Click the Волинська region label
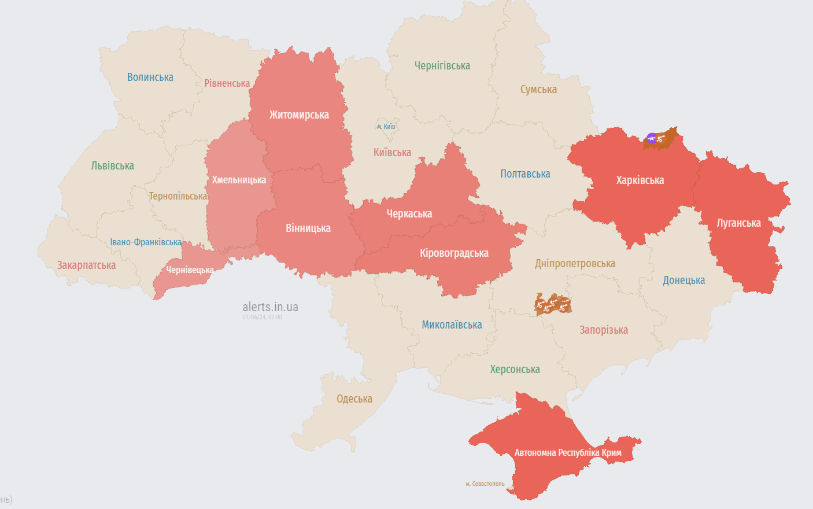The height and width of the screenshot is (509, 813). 150,78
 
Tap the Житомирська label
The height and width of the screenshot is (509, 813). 299,115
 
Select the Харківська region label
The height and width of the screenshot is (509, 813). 640,180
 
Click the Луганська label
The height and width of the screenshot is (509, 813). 738,223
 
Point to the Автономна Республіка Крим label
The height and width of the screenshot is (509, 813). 568,453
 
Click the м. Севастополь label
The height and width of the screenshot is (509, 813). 485,484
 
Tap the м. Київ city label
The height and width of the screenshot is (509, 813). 386,127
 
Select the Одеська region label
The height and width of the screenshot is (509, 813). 354,399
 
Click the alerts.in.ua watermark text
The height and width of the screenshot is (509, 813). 270,307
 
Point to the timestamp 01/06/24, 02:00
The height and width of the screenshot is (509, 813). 262,318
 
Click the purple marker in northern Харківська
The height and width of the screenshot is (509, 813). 652,138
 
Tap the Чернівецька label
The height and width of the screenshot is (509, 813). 190,270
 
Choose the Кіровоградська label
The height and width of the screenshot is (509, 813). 454,253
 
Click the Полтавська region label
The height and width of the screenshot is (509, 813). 525,174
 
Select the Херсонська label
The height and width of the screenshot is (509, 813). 515,370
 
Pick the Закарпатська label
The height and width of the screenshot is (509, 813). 86,265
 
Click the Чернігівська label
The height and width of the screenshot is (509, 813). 442,66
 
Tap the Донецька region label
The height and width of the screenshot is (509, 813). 683,281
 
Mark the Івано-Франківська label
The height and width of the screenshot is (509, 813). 146,242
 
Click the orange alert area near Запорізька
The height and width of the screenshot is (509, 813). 553,304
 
